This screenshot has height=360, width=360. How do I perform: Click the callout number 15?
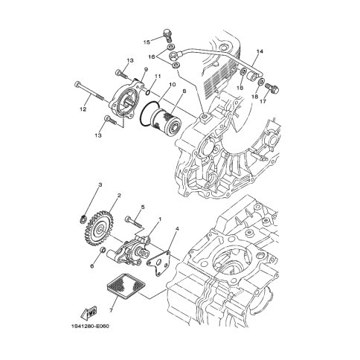(147, 42)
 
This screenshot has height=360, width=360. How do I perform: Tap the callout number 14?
(260, 51)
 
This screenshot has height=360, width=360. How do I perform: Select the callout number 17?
(263, 101)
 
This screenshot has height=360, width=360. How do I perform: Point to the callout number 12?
(83, 109)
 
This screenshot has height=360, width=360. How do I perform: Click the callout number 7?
(111, 310)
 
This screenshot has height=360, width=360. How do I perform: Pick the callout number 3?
(100, 184)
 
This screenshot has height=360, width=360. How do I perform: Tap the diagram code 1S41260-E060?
(89, 326)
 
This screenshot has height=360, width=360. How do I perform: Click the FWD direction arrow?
(89, 313)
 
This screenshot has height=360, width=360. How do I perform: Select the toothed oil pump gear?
(100, 228)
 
